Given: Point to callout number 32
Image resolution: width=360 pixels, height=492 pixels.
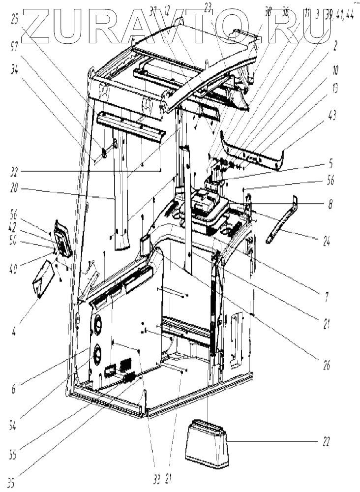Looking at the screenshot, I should click(x=15, y=173).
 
